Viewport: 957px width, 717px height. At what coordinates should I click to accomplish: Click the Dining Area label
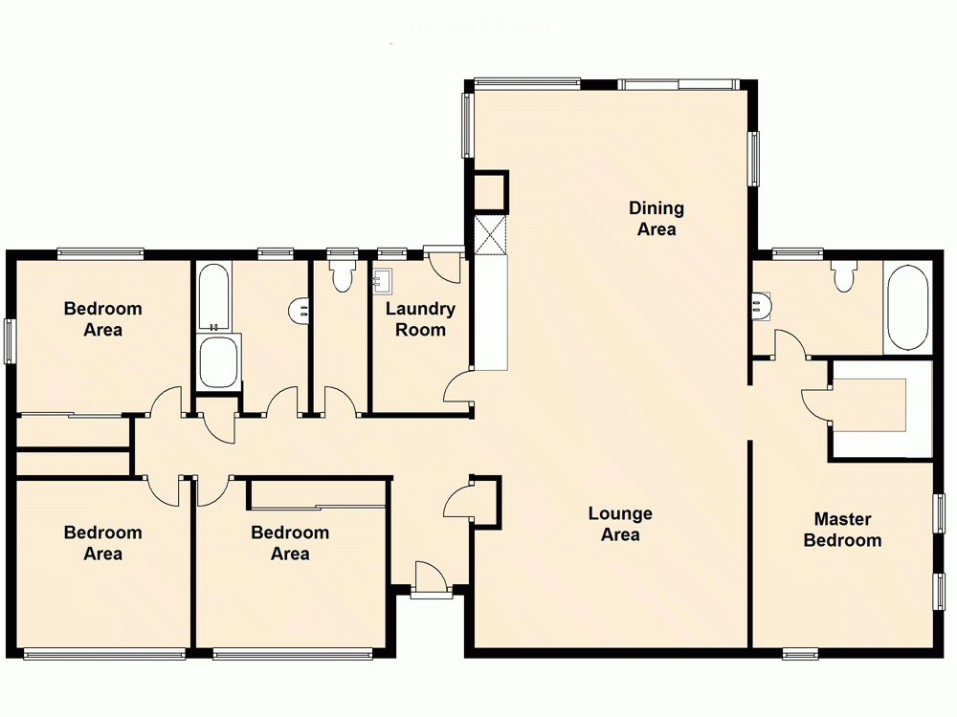(657, 218)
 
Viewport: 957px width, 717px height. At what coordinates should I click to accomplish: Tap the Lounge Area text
(620, 524)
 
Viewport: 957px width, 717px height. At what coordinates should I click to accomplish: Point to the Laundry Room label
(420, 319)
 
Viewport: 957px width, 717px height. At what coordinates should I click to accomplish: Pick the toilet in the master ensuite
(843, 277)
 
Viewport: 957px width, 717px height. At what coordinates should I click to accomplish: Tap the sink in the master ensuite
(761, 305)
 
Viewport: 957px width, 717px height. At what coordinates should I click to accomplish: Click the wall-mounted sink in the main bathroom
(299, 310)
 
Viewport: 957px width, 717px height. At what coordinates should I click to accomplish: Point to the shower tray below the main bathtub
(219, 361)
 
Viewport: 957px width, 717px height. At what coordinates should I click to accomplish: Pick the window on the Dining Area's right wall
(754, 157)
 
